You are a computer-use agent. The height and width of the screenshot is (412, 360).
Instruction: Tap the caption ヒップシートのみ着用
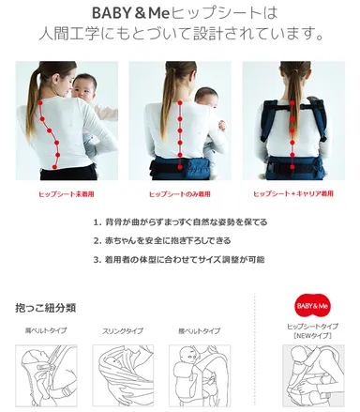(179, 194)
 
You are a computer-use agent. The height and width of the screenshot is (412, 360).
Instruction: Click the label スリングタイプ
(122, 331)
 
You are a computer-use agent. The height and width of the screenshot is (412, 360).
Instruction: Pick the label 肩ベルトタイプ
(44, 331)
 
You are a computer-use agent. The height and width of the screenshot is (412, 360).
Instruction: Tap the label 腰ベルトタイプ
(198, 331)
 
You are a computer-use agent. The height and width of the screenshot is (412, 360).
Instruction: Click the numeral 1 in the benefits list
(97, 222)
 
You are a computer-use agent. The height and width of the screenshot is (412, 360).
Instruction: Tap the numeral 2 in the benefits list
(97, 240)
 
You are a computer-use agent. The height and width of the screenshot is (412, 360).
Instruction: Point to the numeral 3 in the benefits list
(97, 259)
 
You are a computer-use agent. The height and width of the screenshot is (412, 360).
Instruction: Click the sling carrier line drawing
(122, 376)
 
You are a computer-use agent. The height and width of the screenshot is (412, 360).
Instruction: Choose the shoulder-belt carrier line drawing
(44, 376)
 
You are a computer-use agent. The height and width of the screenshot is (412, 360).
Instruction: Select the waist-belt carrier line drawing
(199, 376)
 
